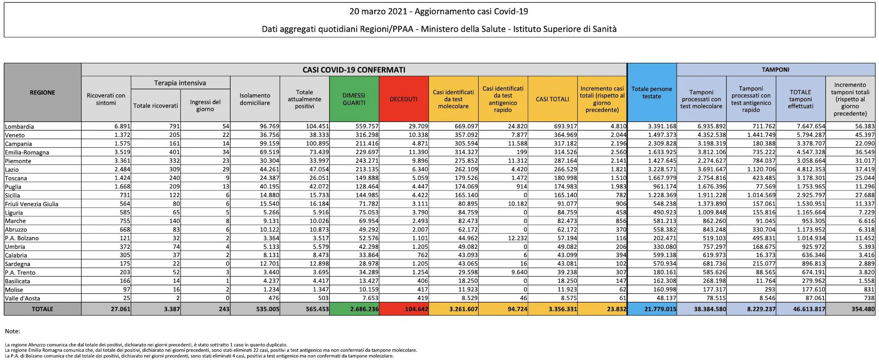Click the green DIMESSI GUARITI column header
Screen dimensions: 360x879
[354, 99]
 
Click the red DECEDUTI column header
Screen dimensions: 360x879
[403, 99]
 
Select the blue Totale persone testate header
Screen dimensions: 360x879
[652, 93]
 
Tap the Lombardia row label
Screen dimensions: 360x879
[19, 127]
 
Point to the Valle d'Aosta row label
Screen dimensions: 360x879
[22, 298]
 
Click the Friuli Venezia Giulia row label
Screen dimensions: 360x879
[31, 204]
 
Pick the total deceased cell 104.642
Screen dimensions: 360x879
[416, 309]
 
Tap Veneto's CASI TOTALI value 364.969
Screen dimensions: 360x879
[565, 135]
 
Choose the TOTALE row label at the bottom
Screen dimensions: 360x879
[42, 309]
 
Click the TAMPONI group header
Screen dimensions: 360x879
[776, 70]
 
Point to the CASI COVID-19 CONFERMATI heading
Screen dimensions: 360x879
[354, 70]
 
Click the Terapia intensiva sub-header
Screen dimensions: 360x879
[180, 83]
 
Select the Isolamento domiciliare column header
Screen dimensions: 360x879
[255, 99]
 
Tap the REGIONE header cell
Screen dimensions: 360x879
[42, 92]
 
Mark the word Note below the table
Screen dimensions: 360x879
[12, 331]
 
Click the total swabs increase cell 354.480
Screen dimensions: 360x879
[863, 309]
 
